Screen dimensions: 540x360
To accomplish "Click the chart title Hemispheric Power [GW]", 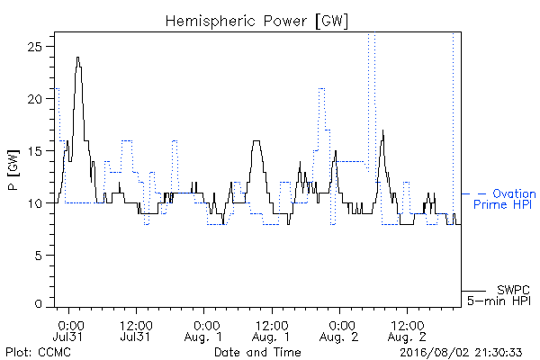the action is click(x=256, y=22).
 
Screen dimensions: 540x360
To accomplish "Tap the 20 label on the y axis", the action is click(x=35, y=98).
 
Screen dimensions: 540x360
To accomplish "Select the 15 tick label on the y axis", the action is click(x=35, y=151).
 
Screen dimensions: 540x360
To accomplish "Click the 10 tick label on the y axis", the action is click(x=35, y=203).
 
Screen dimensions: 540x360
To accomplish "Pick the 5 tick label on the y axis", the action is click(x=40, y=256).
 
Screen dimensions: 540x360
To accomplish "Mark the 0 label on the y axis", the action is click(x=39, y=304).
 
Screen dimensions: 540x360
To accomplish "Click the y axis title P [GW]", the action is click(x=14, y=170).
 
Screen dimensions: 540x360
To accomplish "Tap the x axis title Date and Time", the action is click(x=257, y=352).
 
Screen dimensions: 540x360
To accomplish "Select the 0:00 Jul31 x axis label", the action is click(x=69, y=330).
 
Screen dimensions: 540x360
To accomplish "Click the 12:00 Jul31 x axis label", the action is click(x=136, y=330).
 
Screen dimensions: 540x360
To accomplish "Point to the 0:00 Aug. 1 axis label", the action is click(x=204, y=330).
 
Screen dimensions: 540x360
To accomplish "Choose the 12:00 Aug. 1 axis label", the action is click(x=272, y=330).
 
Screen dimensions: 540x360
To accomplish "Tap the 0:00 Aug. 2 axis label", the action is click(x=339, y=330).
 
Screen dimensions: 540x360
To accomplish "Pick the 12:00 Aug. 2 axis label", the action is click(x=407, y=330).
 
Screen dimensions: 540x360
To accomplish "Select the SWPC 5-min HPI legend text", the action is click(x=499, y=295).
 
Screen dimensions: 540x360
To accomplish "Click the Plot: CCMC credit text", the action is click(x=38, y=352).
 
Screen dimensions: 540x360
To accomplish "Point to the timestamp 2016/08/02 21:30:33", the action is click(x=461, y=352).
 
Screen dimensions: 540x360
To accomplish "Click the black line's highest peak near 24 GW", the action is click(x=77, y=58).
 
